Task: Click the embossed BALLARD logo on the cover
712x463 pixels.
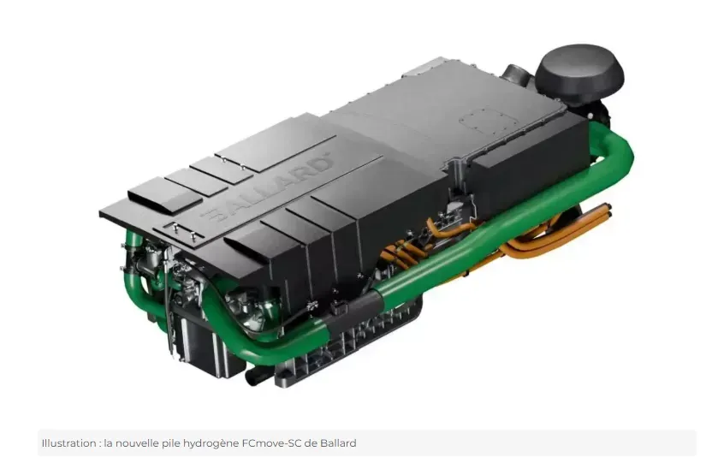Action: pyautogui.click(x=271, y=188)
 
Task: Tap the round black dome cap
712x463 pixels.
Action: pyautogui.click(x=579, y=73)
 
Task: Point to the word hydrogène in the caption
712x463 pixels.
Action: pyautogui.click(x=211, y=443)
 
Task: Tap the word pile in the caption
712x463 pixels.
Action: pyautogui.click(x=171, y=443)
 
